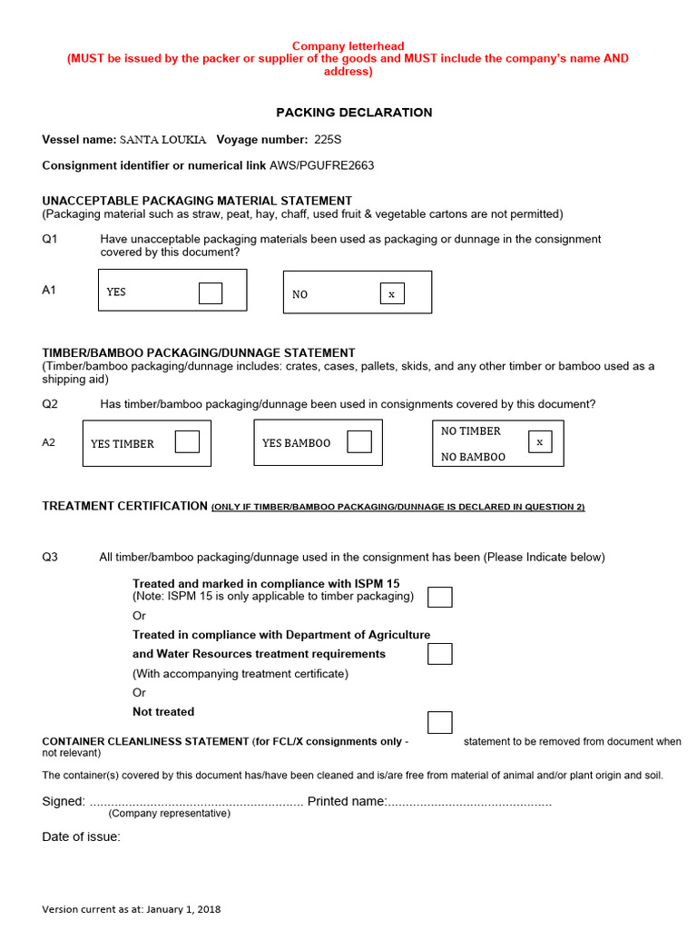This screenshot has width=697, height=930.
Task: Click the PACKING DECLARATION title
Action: pyautogui.click(x=354, y=113)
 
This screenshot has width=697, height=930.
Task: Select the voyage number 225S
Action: pyautogui.click(x=328, y=140)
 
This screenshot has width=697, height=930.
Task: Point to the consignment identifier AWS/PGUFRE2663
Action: pyautogui.click(x=321, y=165)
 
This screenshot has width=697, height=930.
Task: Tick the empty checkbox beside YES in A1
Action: pyautogui.click(x=211, y=293)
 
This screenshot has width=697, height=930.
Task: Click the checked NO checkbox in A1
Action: pyautogui.click(x=392, y=293)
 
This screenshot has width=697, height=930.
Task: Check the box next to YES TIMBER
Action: pyautogui.click(x=187, y=441)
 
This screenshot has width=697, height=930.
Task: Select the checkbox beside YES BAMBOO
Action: pyautogui.click(x=359, y=441)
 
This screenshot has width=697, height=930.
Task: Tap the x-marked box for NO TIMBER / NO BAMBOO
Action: pyautogui.click(x=539, y=441)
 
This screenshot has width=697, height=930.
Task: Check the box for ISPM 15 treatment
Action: pyautogui.click(x=439, y=597)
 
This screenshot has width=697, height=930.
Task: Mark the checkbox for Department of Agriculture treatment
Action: pyautogui.click(x=439, y=654)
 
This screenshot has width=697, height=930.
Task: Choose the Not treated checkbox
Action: pyautogui.click(x=439, y=722)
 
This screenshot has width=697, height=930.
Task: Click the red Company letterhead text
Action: pyautogui.click(x=348, y=46)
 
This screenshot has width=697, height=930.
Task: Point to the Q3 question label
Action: pyautogui.click(x=50, y=557)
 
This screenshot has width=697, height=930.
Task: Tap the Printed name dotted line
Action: pyautogui.click(x=470, y=802)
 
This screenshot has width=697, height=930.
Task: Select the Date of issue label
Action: pyautogui.click(x=81, y=836)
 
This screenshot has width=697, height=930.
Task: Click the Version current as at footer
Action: pyautogui.click(x=131, y=909)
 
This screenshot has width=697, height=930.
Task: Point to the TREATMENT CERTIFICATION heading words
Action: pyautogui.click(x=125, y=506)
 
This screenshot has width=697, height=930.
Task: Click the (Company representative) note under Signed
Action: pyautogui.click(x=170, y=814)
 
